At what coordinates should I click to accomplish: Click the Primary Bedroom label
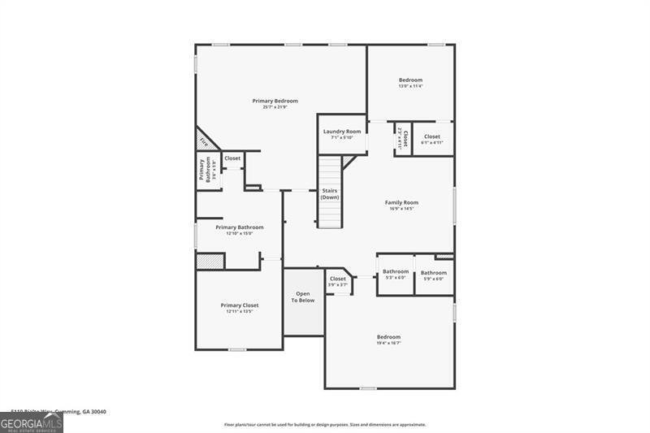275,101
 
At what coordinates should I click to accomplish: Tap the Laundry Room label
342,132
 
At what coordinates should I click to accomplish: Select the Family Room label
401,202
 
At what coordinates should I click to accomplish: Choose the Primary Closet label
240,305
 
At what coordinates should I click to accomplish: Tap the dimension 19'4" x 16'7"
388,344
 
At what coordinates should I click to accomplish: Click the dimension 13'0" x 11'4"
410,86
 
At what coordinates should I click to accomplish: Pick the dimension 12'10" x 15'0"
240,234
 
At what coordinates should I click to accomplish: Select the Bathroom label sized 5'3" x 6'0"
396,271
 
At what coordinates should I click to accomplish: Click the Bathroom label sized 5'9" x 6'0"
434,273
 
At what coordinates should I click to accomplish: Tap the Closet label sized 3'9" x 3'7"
338,279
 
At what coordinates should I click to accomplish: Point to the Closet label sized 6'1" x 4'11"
432,136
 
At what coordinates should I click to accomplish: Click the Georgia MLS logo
32,422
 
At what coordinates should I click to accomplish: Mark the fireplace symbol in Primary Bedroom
204,141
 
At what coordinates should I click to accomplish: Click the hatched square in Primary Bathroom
210,260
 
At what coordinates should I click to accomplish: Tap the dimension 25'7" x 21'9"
275,107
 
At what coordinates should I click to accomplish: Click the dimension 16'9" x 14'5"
401,209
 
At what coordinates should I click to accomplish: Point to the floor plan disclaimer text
325,424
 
